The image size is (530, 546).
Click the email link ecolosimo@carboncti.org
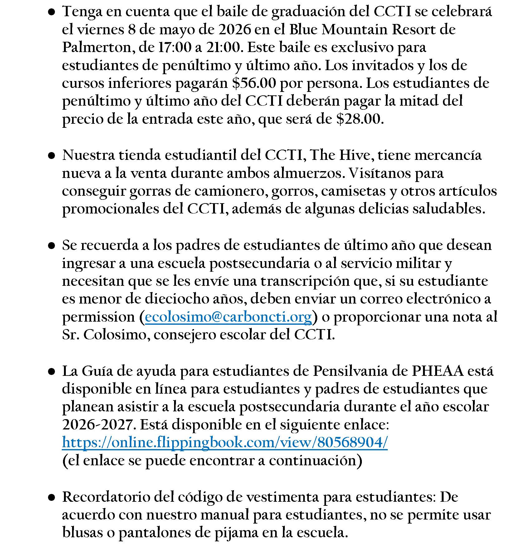228,317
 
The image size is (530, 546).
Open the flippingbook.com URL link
225,443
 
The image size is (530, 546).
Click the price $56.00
254,83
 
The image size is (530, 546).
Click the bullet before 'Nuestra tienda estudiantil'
52,156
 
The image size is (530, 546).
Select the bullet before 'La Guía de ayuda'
52,371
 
